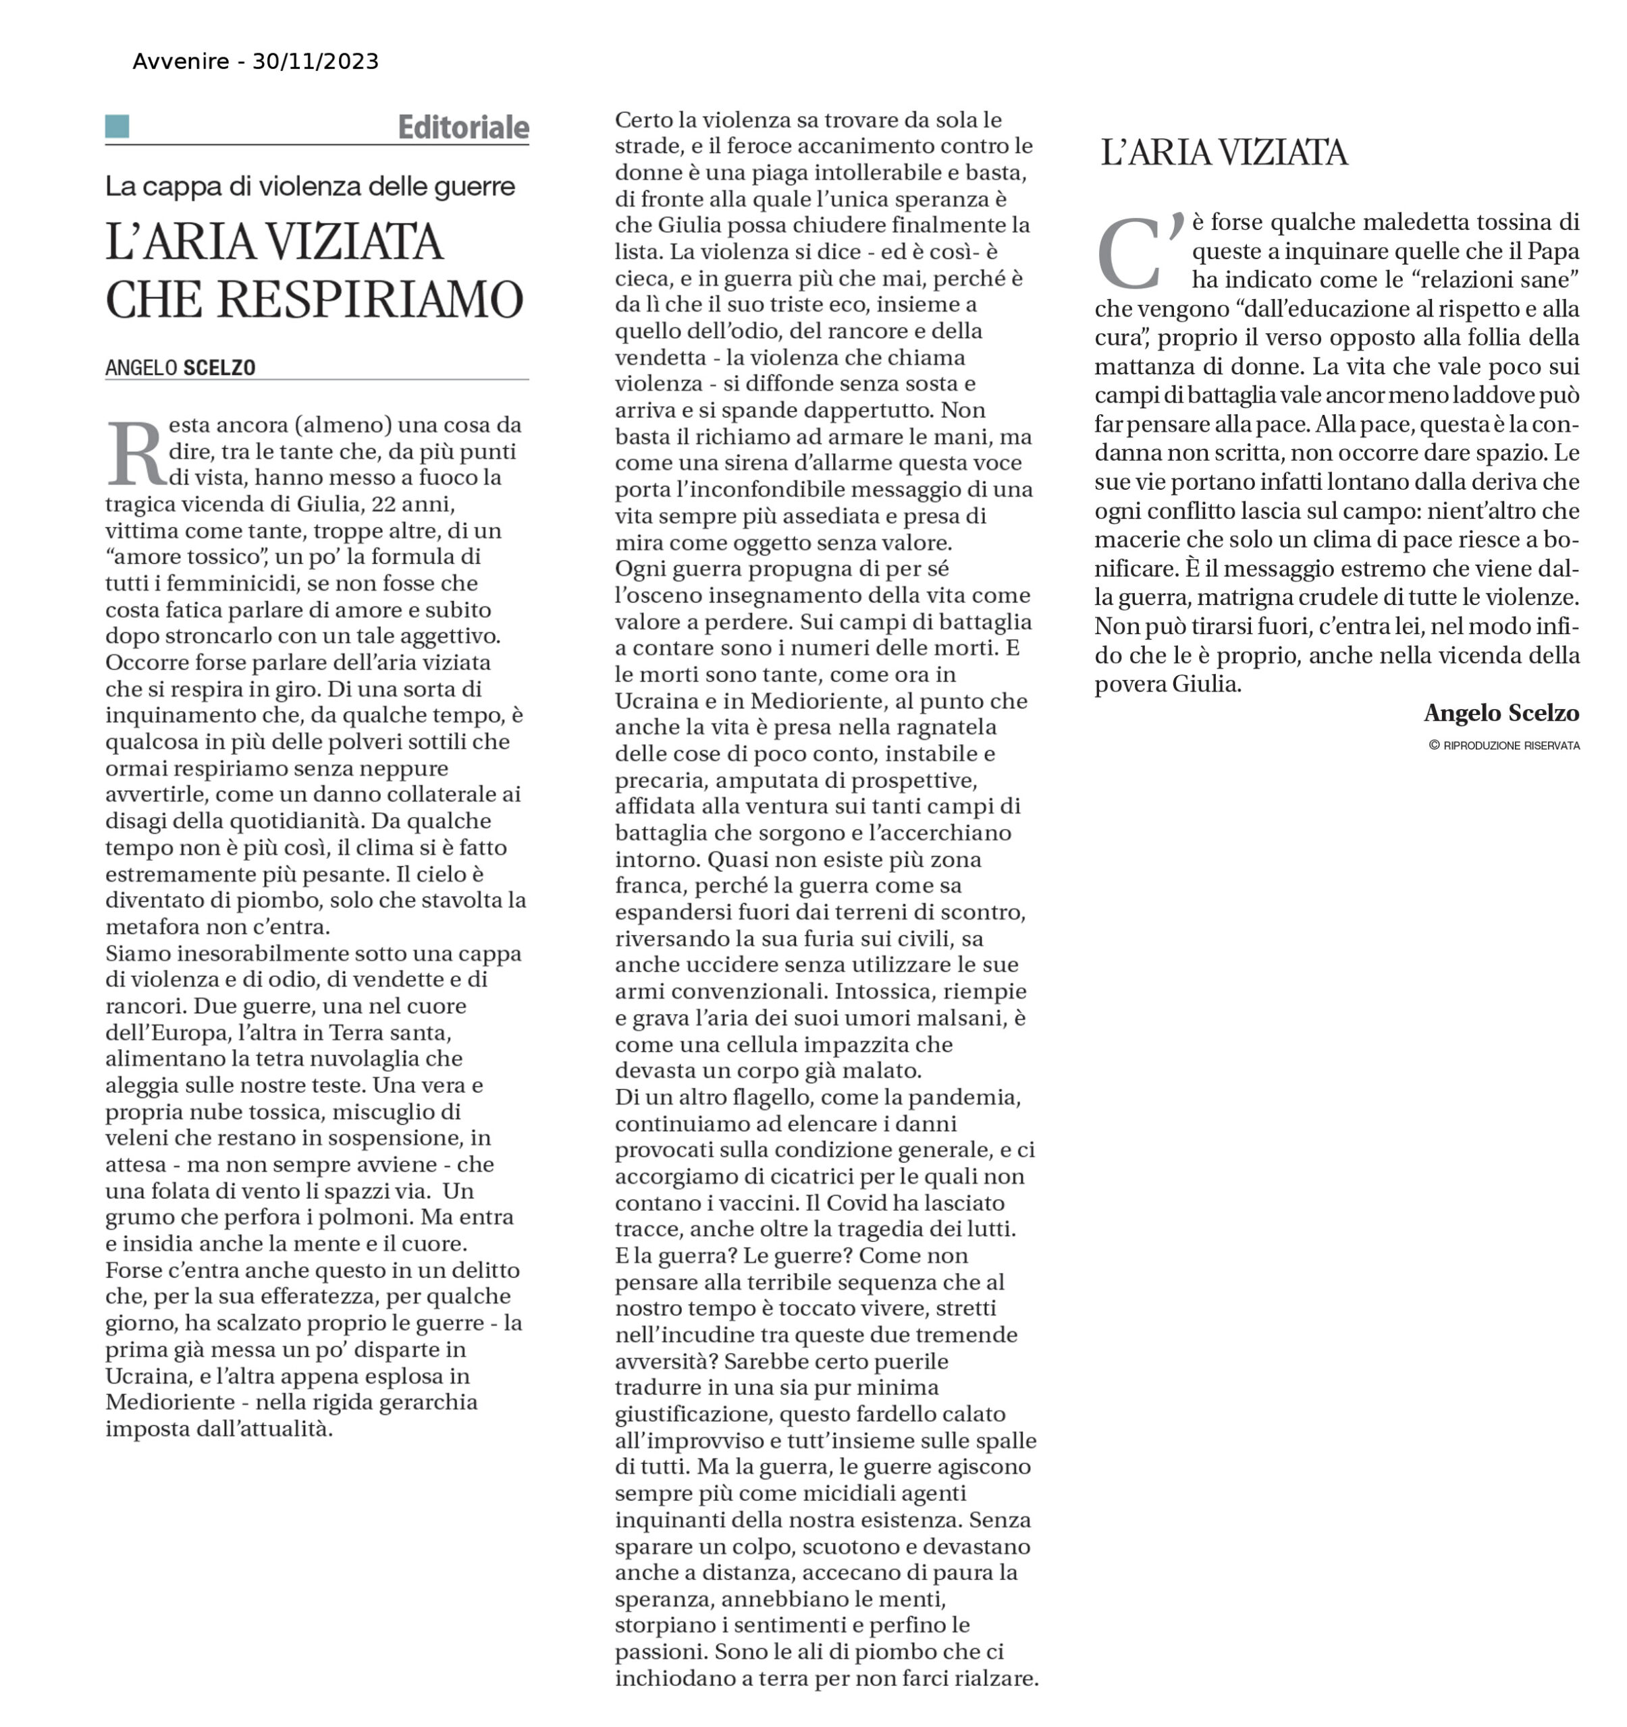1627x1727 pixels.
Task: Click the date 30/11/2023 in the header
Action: (315, 61)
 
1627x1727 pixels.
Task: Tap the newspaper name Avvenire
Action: (181, 61)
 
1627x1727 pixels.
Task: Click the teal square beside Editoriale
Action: (117, 127)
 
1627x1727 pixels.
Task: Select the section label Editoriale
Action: (463, 128)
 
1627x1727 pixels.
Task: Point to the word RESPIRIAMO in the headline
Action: (369, 300)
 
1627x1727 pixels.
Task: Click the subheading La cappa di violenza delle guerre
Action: (311, 186)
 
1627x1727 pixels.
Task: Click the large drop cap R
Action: (136, 453)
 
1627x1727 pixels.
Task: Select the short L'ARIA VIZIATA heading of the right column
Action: (1224, 153)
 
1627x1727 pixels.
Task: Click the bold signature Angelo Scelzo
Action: (1501, 713)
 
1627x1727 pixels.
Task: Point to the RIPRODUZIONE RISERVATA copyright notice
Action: (1504, 745)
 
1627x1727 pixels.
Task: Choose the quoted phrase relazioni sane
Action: (1495, 280)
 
